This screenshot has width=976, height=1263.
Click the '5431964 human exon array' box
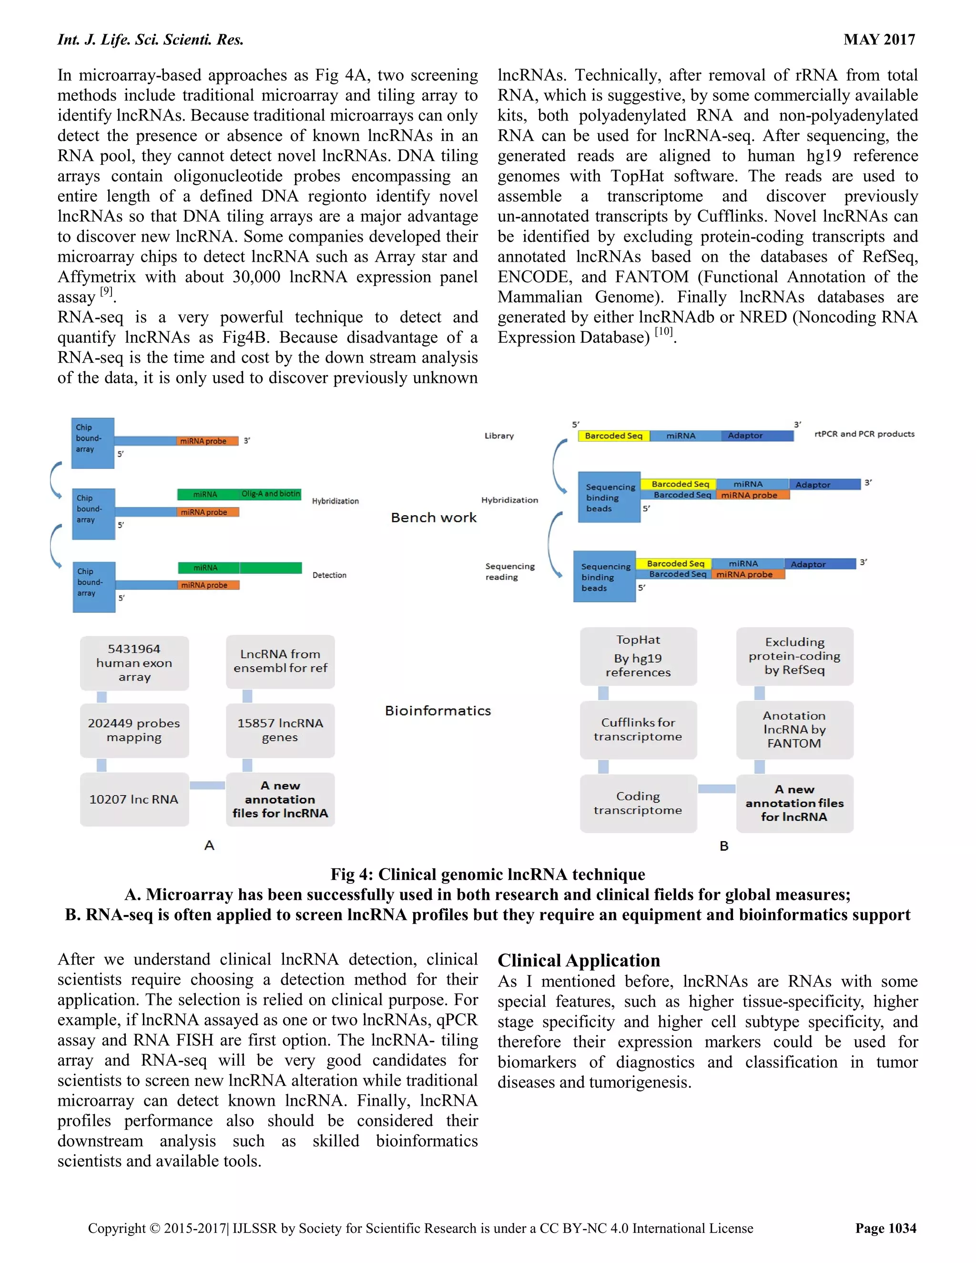[x=134, y=663]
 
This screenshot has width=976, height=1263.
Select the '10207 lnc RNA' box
[x=134, y=799]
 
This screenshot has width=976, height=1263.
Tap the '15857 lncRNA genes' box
[x=280, y=730]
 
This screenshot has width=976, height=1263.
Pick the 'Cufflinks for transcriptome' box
[x=638, y=729]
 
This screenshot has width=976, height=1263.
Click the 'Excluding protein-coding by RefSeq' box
[x=794, y=656]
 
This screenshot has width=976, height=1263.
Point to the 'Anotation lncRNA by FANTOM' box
[x=794, y=729]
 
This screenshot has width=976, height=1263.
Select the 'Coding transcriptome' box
[x=638, y=803]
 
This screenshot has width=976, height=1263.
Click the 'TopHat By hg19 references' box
[x=638, y=656]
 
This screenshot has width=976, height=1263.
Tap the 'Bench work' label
[x=434, y=518]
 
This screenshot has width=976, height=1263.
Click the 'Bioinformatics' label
[x=437, y=711]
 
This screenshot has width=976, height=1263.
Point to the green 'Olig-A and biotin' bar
[x=271, y=494]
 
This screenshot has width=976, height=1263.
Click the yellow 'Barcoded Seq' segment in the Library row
[x=613, y=436]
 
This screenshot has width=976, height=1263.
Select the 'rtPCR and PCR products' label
[x=864, y=434]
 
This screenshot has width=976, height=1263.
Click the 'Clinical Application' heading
[x=579, y=960]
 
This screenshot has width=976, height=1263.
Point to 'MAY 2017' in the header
[x=879, y=40]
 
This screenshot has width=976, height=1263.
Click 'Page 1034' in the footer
[x=886, y=1228]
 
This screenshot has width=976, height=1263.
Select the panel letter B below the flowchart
[x=724, y=846]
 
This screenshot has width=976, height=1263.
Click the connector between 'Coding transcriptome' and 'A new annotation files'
[x=716, y=789]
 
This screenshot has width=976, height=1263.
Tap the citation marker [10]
[x=664, y=331]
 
